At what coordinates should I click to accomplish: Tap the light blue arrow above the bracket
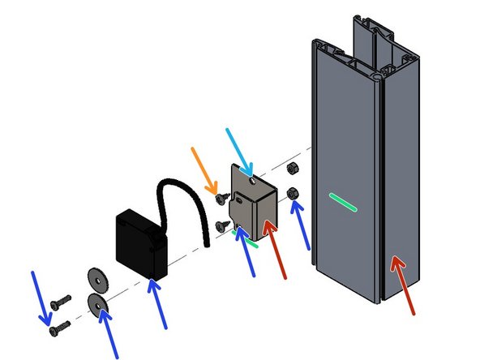point(240,149)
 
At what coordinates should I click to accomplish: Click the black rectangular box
point(143,240)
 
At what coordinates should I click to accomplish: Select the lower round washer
point(96,306)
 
